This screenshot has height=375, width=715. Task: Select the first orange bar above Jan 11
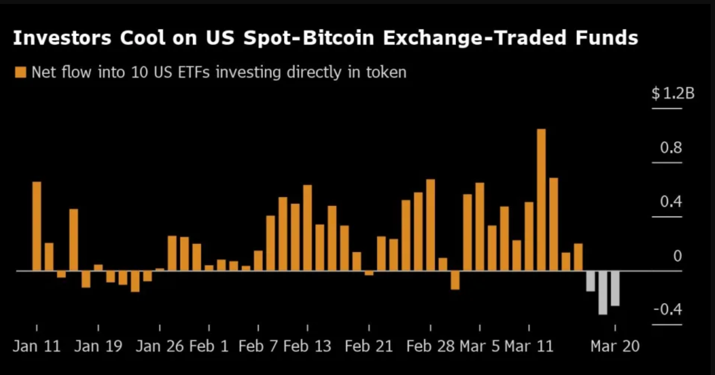pyautogui.click(x=37, y=226)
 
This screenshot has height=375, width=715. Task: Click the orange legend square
pyautogui.click(x=20, y=73)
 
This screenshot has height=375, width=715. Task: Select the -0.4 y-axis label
pyautogui.click(x=668, y=310)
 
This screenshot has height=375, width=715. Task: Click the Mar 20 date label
pyautogui.click(x=614, y=346)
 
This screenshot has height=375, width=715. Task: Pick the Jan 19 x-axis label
pyautogui.click(x=98, y=346)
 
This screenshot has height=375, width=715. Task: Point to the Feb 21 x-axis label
pyautogui.click(x=369, y=346)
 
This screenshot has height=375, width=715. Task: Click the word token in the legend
pyautogui.click(x=386, y=72)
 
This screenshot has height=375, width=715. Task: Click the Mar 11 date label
pyautogui.click(x=529, y=346)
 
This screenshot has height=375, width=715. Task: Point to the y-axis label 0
pyautogui.click(x=677, y=256)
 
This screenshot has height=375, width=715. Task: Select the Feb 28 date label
pyautogui.click(x=430, y=346)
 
